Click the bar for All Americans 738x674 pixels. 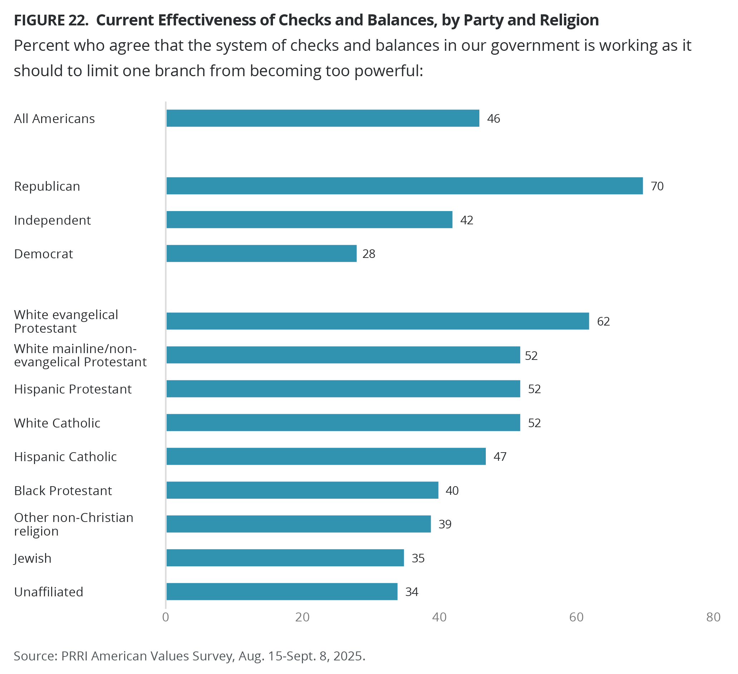point(323,118)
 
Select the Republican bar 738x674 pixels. point(404,186)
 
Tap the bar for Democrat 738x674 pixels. point(262,253)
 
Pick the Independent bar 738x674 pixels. point(309,220)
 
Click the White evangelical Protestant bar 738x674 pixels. point(377,321)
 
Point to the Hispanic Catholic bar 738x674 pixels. point(326,456)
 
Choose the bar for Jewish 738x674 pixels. point(285,558)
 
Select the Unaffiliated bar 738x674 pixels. point(282,591)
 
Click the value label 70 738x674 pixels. point(657,186)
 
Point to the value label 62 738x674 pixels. point(603,322)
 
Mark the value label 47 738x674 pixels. point(500,456)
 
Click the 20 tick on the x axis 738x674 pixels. point(302,617)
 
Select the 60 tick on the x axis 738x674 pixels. point(576,617)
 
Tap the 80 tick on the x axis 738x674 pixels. point(713,617)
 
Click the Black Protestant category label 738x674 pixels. point(63,490)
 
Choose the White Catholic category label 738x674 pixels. point(57,423)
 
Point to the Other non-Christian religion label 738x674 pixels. point(74,524)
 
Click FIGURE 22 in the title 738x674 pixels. point(51,20)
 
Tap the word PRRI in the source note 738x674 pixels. point(74,656)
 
